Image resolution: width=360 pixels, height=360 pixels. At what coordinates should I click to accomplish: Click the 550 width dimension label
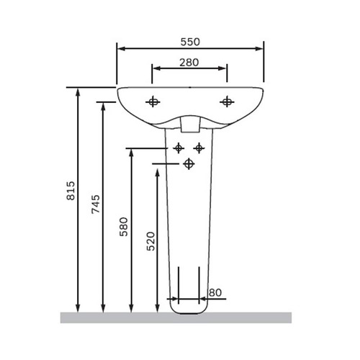click(x=190, y=42)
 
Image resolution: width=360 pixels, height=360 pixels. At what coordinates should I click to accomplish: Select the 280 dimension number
click(x=189, y=63)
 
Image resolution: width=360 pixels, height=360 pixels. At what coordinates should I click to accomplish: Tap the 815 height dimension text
click(x=71, y=191)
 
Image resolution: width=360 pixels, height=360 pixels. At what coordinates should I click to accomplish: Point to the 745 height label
click(x=96, y=204)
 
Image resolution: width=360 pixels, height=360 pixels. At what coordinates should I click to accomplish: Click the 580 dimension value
click(x=124, y=227)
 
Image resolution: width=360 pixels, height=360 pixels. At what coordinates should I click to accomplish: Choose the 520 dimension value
click(x=151, y=241)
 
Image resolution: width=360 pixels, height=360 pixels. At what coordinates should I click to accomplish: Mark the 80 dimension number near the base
click(x=215, y=292)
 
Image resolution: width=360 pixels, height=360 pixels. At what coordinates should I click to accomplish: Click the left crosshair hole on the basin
click(x=153, y=102)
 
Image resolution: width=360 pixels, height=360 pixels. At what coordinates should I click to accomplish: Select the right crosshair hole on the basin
click(x=227, y=102)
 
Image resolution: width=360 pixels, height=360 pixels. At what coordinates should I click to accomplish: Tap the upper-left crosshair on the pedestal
click(x=179, y=148)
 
